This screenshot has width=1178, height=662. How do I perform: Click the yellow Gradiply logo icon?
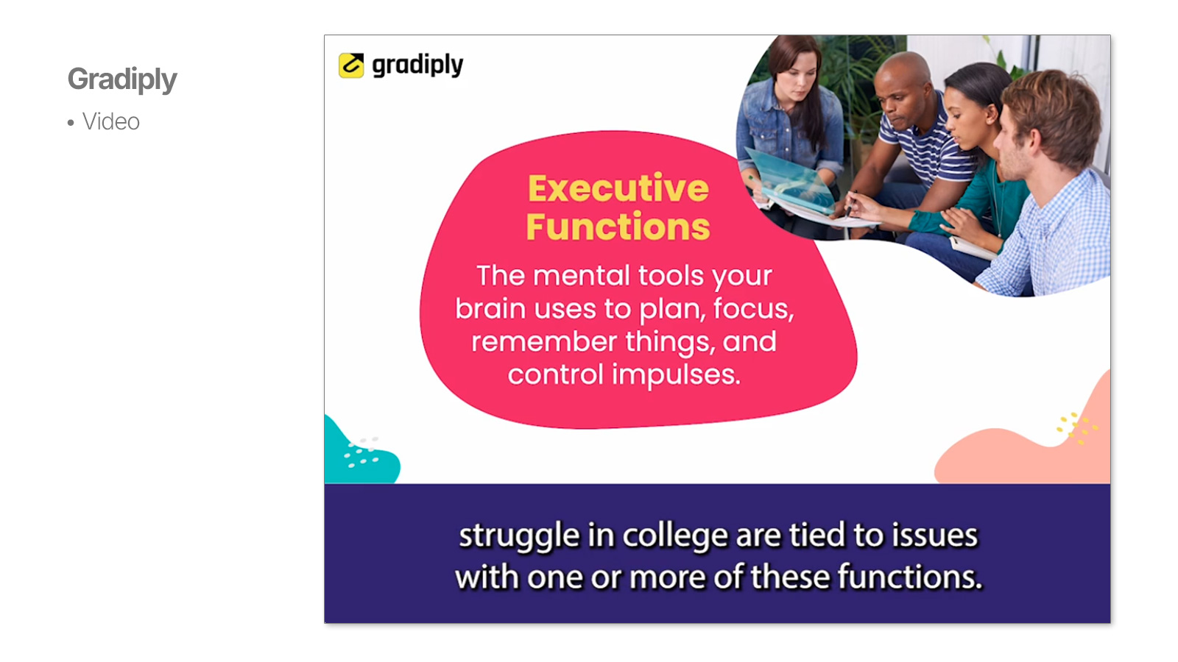pos(351,65)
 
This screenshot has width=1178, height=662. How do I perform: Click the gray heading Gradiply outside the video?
pos(122,79)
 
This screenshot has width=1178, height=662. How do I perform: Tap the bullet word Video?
pos(111,122)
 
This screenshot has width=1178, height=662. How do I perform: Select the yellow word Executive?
pos(618,188)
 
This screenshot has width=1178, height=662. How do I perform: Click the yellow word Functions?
pos(618,227)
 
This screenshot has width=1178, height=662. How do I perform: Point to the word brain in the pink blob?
pos(490,308)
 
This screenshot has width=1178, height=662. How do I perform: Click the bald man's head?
pos(903,87)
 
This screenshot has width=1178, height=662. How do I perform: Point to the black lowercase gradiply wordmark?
pos(417,65)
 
